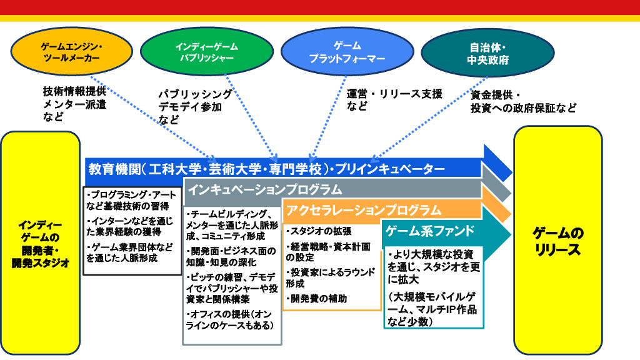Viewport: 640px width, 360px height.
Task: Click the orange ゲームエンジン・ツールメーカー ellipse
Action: pos(72,53)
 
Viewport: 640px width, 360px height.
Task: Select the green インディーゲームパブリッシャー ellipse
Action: pos(198,52)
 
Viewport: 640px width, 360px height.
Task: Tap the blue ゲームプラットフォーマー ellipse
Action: pos(339,52)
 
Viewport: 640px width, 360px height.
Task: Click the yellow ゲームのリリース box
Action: pos(557,242)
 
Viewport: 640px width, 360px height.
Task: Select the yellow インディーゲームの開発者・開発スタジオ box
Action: pos(40,243)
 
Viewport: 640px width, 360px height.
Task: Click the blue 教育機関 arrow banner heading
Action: pos(266,169)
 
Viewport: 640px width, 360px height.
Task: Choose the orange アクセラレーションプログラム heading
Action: pos(362,210)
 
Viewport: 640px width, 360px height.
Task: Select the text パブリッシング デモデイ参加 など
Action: pos(194,106)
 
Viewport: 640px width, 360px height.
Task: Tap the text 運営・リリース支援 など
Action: pos(394,100)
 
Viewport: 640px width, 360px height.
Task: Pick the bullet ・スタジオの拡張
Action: pos(316,232)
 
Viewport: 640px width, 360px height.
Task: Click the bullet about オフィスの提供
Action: pos(230,319)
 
